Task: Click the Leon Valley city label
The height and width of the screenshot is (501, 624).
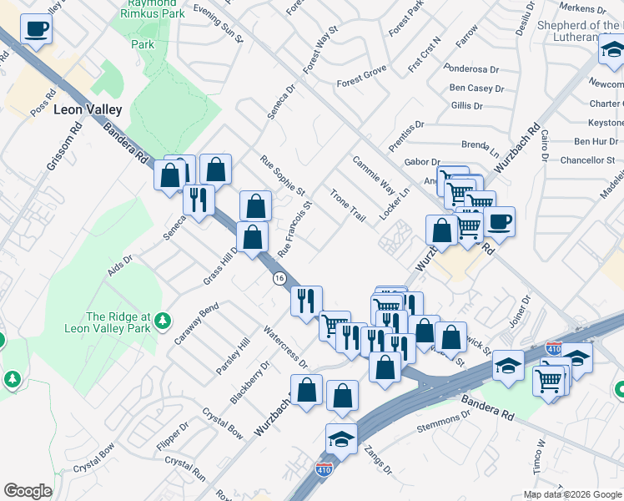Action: coord(88,109)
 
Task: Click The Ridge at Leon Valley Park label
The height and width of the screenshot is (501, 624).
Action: coord(118,322)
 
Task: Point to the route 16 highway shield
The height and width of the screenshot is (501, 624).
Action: coord(279,278)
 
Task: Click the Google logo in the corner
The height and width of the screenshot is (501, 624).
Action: coord(28,491)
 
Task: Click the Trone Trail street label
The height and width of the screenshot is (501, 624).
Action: coord(348,205)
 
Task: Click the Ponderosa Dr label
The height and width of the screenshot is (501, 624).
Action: coord(471,70)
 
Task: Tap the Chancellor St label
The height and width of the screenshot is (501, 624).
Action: coord(587,159)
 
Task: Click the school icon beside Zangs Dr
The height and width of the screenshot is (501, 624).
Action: coord(341,438)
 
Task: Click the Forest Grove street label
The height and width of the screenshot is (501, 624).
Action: coord(364,83)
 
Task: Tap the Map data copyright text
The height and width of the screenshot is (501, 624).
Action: coord(571,494)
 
